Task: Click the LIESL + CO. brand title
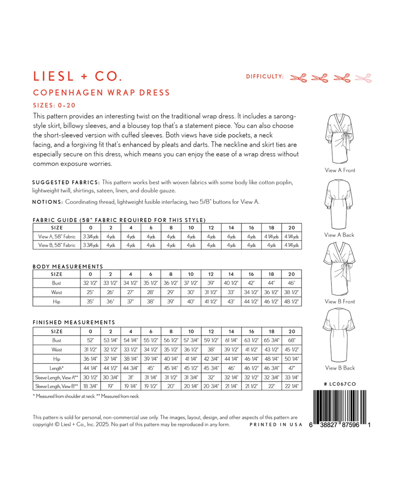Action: click(78, 76)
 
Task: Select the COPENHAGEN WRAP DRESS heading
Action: click(101, 93)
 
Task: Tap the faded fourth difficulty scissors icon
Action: click(363, 78)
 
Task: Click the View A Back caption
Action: click(339, 235)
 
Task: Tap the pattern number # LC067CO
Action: click(340, 384)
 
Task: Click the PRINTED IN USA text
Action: click(276, 425)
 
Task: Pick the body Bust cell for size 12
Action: click(211, 283)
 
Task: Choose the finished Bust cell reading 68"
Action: click(292, 340)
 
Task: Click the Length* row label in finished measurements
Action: click(57, 368)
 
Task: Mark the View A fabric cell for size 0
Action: click(91, 237)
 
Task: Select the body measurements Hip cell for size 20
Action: click(291, 302)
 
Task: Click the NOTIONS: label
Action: click(47, 202)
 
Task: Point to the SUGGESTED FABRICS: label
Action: click(66, 183)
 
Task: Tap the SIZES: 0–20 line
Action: click(54, 106)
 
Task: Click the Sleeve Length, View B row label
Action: click(57, 386)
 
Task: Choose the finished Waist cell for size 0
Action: click(90, 350)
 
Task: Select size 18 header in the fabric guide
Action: click(271, 228)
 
